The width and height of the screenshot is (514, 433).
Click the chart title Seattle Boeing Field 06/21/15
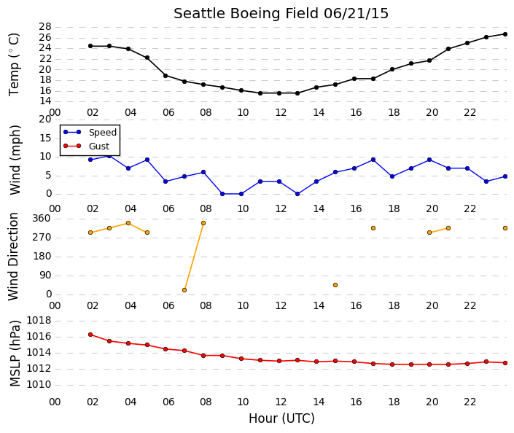(x=281, y=14)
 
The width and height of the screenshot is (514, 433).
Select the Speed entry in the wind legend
(x=90, y=132)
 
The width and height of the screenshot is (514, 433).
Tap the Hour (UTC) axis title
(x=281, y=418)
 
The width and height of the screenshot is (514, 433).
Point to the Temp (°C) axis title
(x=14, y=65)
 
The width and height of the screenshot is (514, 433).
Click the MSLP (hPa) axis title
(x=15, y=354)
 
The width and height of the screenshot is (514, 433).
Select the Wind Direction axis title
(x=13, y=257)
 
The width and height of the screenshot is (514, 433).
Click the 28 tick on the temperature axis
(x=45, y=26)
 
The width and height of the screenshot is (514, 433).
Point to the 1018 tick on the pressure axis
(x=39, y=320)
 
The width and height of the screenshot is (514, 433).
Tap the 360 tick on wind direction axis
(x=42, y=218)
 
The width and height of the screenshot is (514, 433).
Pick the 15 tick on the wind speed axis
(x=45, y=138)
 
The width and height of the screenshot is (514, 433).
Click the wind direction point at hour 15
(x=335, y=285)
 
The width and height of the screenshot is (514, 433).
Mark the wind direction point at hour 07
(x=184, y=290)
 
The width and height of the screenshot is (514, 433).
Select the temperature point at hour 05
(x=147, y=58)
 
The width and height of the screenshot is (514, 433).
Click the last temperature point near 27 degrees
(x=505, y=34)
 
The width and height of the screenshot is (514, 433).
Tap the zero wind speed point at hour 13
(x=297, y=194)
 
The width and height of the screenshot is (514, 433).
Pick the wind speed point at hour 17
(x=373, y=160)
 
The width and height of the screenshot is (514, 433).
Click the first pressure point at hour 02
(x=90, y=335)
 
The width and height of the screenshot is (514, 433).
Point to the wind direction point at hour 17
(x=373, y=228)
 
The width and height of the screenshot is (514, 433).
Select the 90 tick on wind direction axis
(x=45, y=276)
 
